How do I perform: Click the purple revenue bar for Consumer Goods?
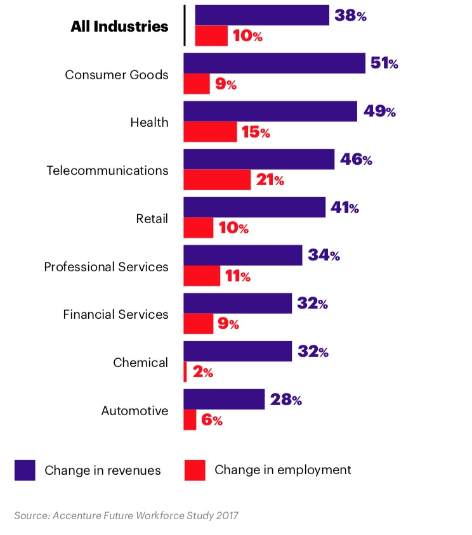274,63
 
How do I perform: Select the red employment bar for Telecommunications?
217,180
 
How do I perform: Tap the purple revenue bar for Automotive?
224,399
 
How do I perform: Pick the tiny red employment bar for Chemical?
185,372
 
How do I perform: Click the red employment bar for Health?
210,132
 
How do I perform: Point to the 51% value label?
384,63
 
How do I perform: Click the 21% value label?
270,180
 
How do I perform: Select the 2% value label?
202,372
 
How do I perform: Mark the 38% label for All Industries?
350,16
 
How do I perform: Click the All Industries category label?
119,27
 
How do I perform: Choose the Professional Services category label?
106,266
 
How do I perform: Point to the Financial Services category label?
115,314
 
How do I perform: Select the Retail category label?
152,219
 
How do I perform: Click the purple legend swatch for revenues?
25,470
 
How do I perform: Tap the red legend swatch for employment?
195,470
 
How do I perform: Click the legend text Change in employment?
282,470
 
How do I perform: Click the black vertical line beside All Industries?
185,26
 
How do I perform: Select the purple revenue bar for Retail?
254,207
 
